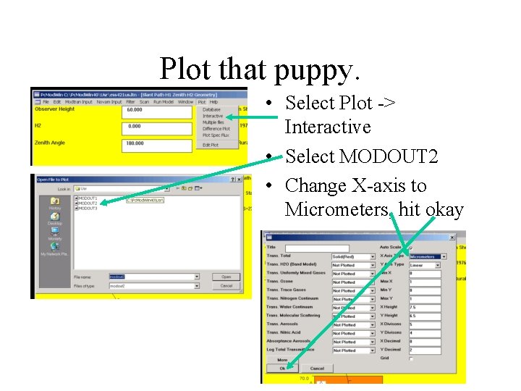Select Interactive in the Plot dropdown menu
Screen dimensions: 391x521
213,116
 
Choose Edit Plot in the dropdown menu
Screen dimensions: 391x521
211,144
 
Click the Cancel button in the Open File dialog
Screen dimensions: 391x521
226,286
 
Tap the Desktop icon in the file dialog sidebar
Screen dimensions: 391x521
55,220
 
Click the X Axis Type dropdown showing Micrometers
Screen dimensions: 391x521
428,256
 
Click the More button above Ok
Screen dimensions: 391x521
282,359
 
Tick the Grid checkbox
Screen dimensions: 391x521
412,358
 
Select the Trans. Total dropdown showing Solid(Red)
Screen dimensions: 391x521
353,256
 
